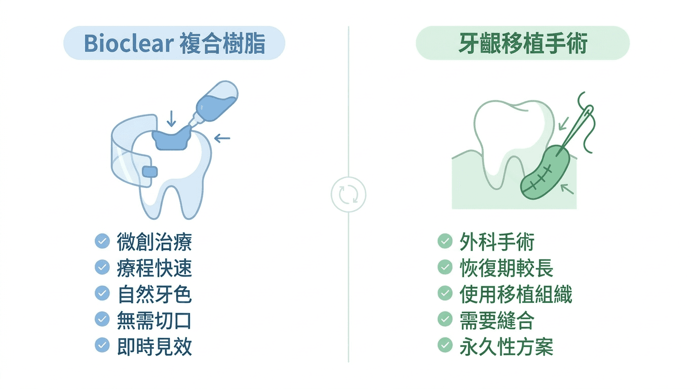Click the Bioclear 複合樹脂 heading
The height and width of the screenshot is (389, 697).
174,44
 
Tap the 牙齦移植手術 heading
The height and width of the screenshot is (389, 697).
522,44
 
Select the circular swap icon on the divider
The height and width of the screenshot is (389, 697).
348,194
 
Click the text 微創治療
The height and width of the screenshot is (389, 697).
154,242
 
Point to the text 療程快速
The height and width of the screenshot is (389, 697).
154,268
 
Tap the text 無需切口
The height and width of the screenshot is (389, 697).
154,321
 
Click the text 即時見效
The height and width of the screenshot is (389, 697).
154,347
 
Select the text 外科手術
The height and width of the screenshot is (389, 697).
497,242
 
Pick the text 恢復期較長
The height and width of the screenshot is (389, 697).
507,268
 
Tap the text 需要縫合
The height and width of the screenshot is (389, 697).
497,321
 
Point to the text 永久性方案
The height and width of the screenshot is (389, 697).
507,347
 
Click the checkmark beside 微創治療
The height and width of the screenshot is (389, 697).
102,242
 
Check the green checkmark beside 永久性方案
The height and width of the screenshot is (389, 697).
445,346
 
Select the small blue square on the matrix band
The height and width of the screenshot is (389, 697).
150,172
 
